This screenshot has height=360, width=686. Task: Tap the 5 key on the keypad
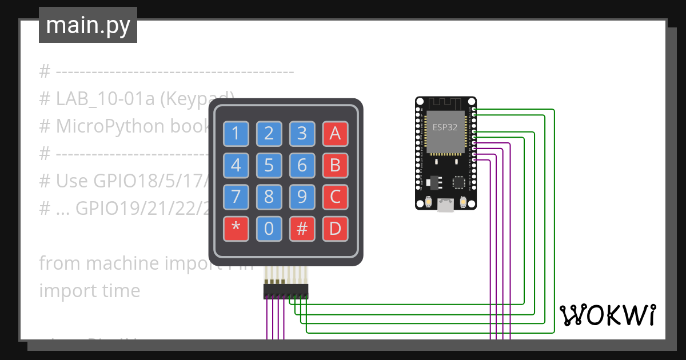(x=269, y=166)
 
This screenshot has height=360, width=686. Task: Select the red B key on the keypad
(x=336, y=166)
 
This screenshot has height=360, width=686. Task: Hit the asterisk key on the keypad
(x=236, y=229)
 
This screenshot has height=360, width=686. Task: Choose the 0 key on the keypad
(x=269, y=229)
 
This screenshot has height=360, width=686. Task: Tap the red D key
(x=336, y=229)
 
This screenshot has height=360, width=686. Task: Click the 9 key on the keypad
(x=302, y=198)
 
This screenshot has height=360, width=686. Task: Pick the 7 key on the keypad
(x=236, y=198)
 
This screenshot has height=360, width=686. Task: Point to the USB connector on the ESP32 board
(x=445, y=205)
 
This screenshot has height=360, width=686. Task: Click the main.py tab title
(x=88, y=25)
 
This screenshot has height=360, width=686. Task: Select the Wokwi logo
(x=608, y=315)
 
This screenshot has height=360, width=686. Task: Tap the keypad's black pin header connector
(x=285, y=291)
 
